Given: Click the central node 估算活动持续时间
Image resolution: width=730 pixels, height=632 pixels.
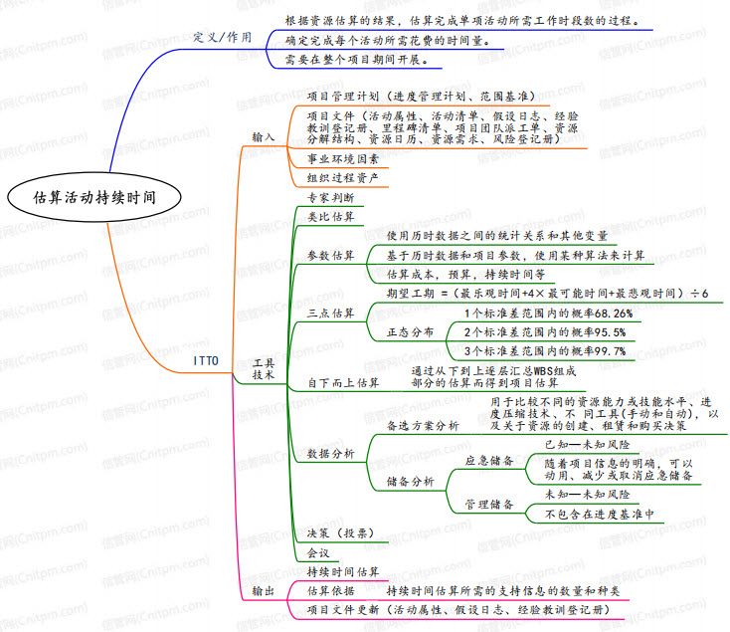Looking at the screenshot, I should (93, 196).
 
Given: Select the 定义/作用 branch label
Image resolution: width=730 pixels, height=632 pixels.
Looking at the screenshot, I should (223, 37).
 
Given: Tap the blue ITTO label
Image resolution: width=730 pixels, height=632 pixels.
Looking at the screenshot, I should (206, 358).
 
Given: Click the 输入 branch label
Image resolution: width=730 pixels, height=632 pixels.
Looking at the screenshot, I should (264, 136).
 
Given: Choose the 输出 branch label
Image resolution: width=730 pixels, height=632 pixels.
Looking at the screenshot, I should (264, 591).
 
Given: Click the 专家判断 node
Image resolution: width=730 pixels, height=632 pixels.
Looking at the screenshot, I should (330, 197).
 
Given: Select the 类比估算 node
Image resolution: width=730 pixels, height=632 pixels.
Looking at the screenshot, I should (330, 216).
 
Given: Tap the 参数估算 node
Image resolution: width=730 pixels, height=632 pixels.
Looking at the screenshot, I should (330, 255).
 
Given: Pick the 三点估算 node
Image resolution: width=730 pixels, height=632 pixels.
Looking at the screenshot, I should (330, 314).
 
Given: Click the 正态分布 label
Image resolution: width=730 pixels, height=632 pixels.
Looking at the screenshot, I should (410, 331).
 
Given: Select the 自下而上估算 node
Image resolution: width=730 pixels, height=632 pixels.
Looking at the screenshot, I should (342, 381).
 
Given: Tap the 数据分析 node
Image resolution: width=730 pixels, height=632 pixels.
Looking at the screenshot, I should (330, 454).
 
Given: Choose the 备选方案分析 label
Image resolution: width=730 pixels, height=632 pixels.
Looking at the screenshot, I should (423, 425).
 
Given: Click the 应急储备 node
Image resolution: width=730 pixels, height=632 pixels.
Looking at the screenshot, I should (489, 461).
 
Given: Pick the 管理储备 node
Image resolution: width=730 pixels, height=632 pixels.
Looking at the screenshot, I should (489, 505).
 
